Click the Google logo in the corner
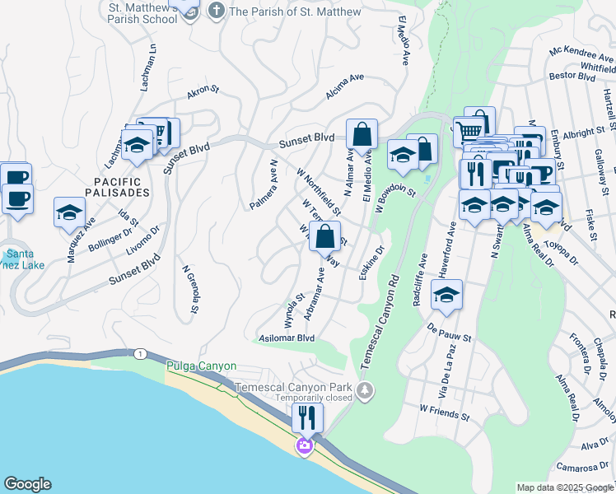(27, 484)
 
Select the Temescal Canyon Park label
(293, 387)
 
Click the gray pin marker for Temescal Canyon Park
(365, 389)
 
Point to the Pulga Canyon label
(201, 366)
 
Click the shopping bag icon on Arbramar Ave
(325, 236)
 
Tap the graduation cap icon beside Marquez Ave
(70, 212)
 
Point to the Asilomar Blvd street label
(287, 338)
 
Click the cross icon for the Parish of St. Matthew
(216, 11)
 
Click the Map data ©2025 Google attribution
(564, 487)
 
